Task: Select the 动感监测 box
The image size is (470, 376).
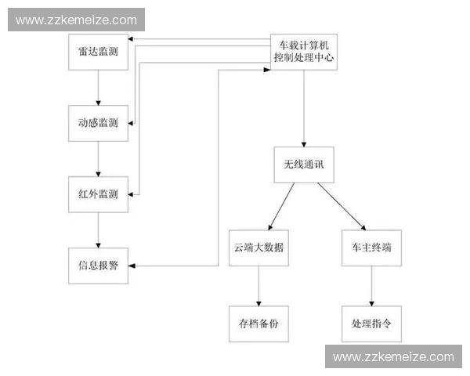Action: tap(98, 123)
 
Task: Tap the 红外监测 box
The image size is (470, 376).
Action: tap(98, 193)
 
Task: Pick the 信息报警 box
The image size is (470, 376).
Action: tap(98, 265)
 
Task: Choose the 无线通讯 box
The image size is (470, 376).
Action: tap(303, 165)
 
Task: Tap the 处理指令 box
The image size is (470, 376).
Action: tap(371, 322)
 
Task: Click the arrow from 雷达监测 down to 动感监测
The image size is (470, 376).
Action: tap(98, 86)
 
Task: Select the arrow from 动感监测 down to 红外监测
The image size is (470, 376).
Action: tap(98, 158)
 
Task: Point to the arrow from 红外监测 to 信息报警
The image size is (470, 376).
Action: tap(98, 230)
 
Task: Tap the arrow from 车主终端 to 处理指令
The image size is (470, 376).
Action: tap(371, 285)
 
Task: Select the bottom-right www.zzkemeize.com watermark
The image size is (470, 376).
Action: tap(393, 356)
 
